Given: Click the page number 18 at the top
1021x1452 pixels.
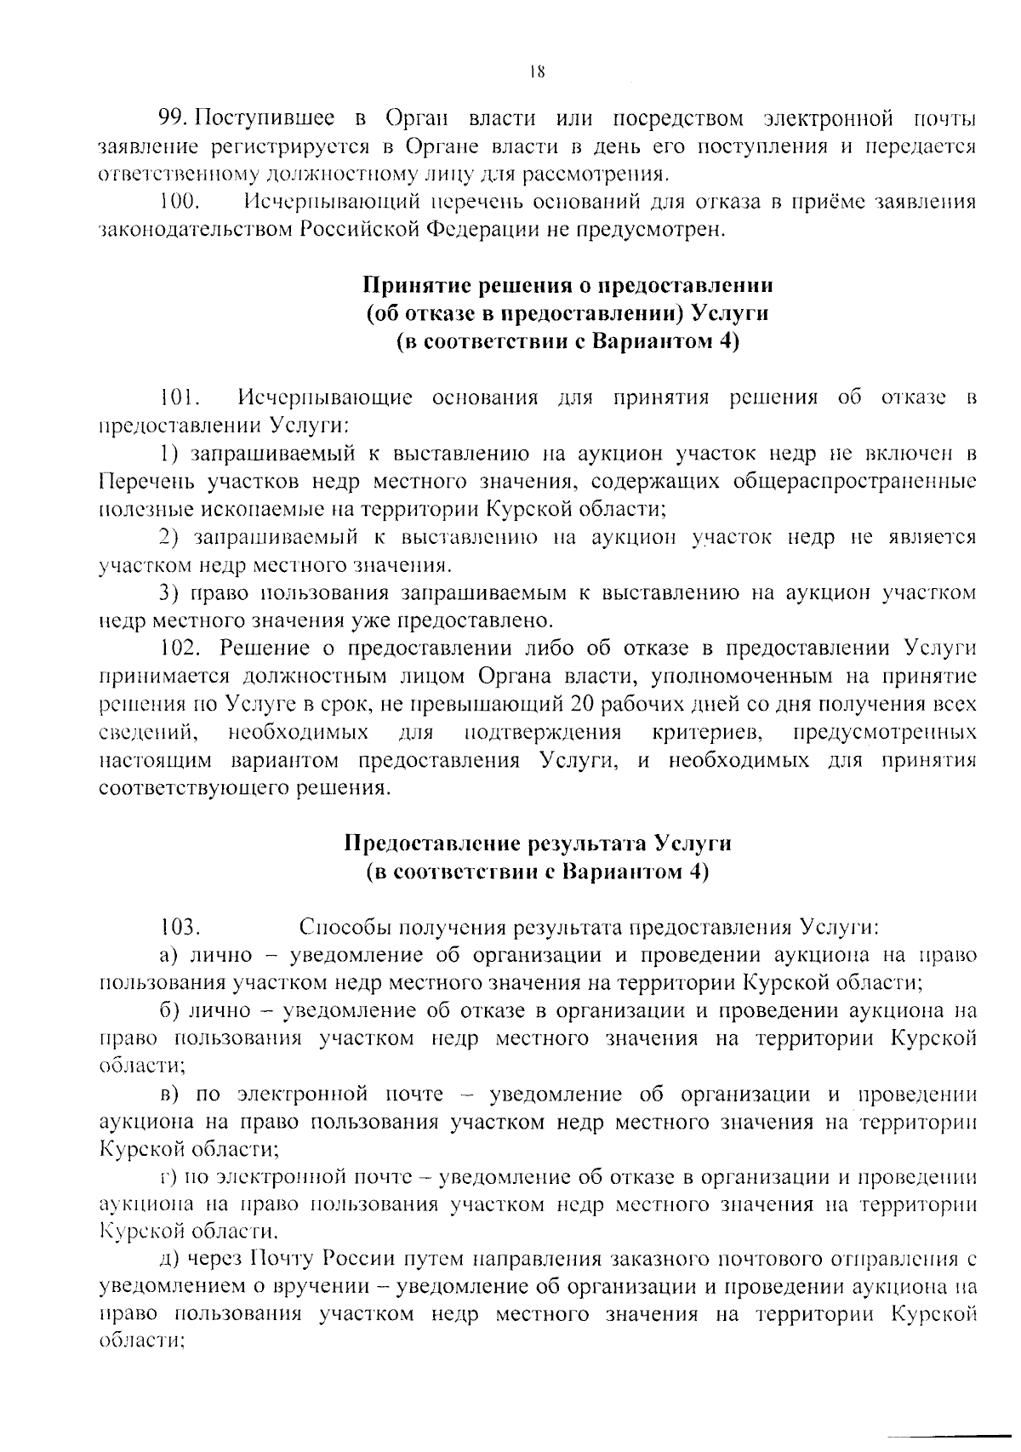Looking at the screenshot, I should point(536,72).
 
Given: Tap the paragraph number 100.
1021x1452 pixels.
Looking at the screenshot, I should point(180,203).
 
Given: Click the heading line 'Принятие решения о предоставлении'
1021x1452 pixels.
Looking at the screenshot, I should point(568,284).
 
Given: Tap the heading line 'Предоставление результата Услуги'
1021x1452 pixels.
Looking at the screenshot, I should point(538,843).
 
